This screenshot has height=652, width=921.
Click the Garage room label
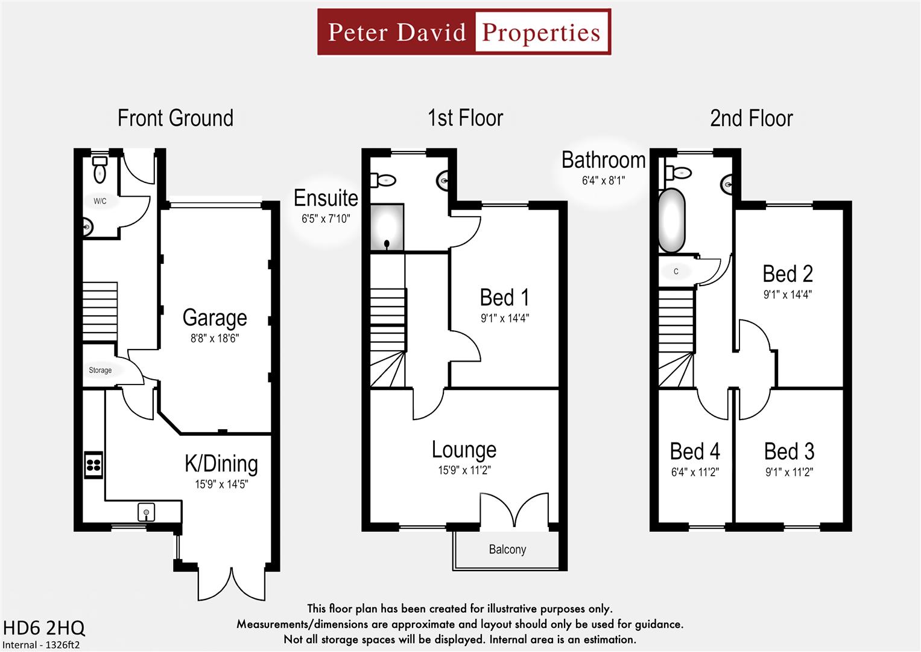click(215, 318)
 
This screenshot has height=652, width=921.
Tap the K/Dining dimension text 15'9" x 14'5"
click(221, 484)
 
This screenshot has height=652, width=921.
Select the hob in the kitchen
click(93, 465)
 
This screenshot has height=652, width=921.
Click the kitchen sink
click(146, 513)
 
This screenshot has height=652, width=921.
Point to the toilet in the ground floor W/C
click(100, 171)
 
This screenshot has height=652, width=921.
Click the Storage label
click(100, 370)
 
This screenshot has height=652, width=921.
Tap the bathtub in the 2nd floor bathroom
click(671, 221)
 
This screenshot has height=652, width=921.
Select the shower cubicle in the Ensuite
click(387, 228)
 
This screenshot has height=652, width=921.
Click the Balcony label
click(507, 549)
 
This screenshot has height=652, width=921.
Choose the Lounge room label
click(464, 450)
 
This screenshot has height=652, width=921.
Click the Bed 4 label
click(695, 452)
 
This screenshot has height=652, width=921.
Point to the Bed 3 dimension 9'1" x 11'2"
click(789, 472)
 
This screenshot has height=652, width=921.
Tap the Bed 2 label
click(788, 274)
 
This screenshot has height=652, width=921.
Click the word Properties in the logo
click(541, 32)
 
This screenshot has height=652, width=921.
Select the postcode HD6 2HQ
click(44, 628)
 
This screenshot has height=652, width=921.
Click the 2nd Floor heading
click(751, 118)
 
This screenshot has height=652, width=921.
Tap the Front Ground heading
click(175, 118)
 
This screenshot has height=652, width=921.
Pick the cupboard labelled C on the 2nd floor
click(676, 272)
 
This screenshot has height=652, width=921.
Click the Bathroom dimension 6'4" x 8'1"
click(603, 181)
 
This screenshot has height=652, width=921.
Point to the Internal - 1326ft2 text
click(41, 645)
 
